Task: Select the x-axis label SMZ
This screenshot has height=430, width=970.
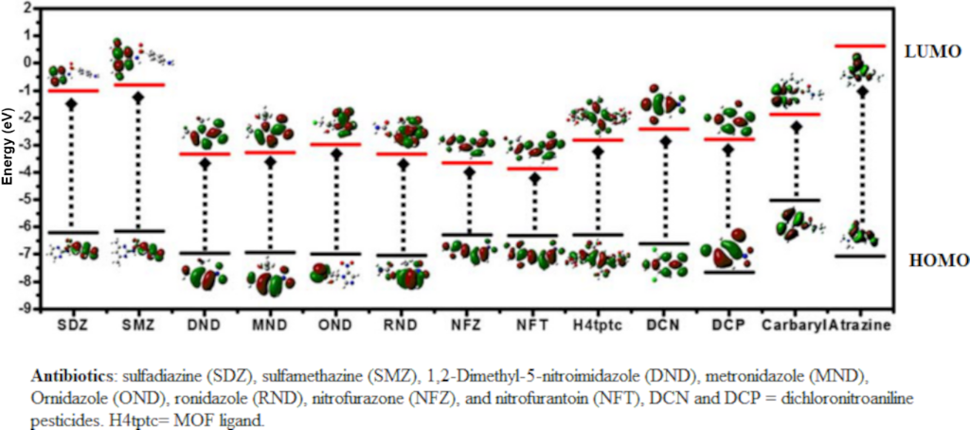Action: (x=138, y=326)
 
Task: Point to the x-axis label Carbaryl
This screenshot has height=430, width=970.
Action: (x=792, y=326)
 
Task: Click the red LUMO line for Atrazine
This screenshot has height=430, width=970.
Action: (x=860, y=45)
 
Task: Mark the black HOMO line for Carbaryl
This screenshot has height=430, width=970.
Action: (x=794, y=201)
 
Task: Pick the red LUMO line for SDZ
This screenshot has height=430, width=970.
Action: (x=73, y=90)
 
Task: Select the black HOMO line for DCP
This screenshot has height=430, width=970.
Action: (x=727, y=272)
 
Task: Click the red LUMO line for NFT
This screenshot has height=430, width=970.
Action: (x=532, y=169)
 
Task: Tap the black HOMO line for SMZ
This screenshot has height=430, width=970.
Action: (x=139, y=230)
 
